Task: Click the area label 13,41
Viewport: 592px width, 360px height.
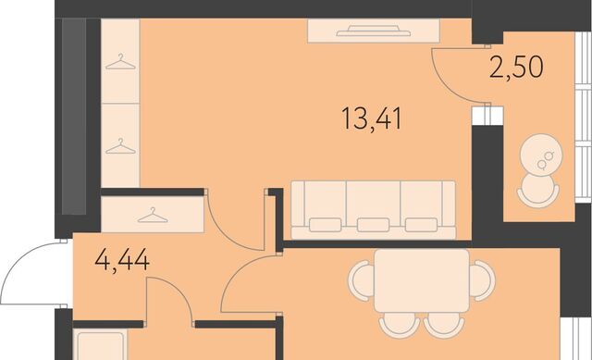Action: point(372,118)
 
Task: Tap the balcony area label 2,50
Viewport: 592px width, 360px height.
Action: point(516,67)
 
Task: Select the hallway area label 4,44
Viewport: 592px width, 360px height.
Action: point(122,260)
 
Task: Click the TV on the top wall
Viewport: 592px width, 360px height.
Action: point(374,31)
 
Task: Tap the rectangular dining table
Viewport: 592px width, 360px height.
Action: point(422,280)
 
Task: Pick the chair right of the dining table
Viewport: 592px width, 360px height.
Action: point(483,280)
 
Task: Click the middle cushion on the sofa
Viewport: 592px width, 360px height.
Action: point(373,225)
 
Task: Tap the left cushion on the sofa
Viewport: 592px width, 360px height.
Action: point(325,225)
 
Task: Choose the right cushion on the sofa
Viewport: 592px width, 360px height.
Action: point(421,225)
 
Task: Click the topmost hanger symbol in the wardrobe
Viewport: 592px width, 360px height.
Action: point(120,62)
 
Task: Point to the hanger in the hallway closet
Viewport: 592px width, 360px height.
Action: point(153,215)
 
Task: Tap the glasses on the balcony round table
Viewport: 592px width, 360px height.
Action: point(546,159)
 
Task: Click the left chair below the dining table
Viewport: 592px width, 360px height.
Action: point(400,325)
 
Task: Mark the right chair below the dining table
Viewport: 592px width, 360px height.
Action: point(444,325)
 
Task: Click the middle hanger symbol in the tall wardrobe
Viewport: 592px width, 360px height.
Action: point(120,146)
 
